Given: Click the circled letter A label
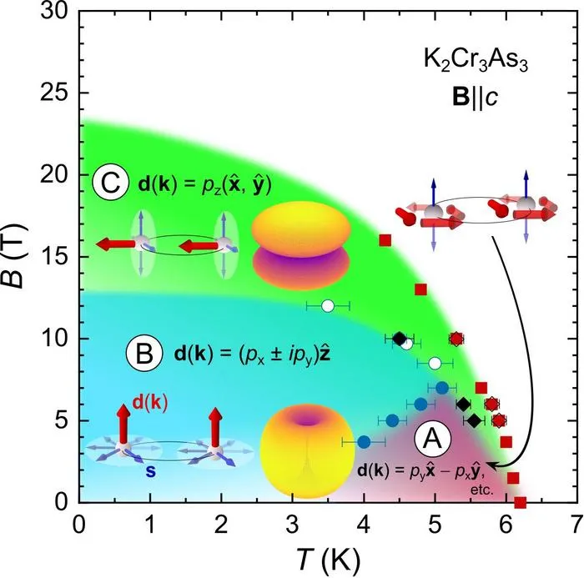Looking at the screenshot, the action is [433, 440].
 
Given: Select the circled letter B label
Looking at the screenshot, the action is [144, 354].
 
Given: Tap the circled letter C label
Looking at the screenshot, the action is [111, 183].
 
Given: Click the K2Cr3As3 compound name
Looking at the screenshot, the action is [476, 59].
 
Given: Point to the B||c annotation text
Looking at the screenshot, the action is [476, 98].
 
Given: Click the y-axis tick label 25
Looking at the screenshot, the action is [54, 93].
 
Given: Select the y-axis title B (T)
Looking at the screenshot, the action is [16, 256].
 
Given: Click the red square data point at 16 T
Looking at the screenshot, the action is [385, 240].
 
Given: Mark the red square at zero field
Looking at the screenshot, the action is [520, 503].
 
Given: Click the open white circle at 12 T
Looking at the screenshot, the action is [328, 306].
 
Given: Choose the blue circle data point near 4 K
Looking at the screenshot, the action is [364, 442].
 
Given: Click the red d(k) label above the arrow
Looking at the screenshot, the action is [150, 403].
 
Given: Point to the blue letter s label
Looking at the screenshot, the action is [150, 472].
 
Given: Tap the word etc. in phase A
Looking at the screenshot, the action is [482, 490].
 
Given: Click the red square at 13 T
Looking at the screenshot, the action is [420, 289].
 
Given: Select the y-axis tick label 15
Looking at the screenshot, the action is [54, 257].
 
